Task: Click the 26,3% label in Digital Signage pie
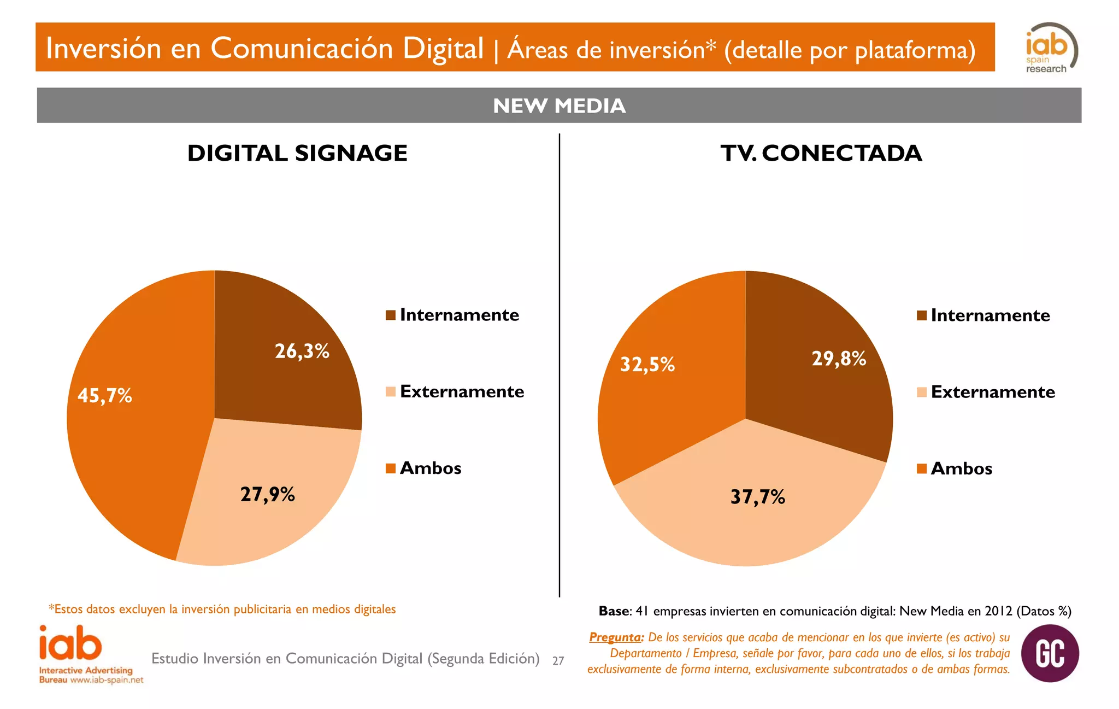click(302, 351)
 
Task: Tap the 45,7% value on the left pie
click(104, 395)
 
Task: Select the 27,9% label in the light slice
click(267, 494)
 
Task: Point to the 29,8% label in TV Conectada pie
click(839, 359)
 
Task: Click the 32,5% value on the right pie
click(647, 364)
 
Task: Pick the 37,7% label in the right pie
click(757, 497)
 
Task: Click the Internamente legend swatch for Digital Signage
click(390, 315)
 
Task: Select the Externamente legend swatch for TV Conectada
click(921, 392)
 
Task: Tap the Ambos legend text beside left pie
click(431, 468)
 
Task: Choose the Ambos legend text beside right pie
click(961, 469)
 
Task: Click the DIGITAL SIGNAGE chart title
click(297, 153)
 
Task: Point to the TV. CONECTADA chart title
click(821, 153)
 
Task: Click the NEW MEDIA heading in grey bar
click(559, 106)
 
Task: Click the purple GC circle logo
click(1050, 653)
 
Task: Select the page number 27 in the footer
click(558, 661)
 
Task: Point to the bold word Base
click(614, 611)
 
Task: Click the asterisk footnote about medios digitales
click(222, 610)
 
